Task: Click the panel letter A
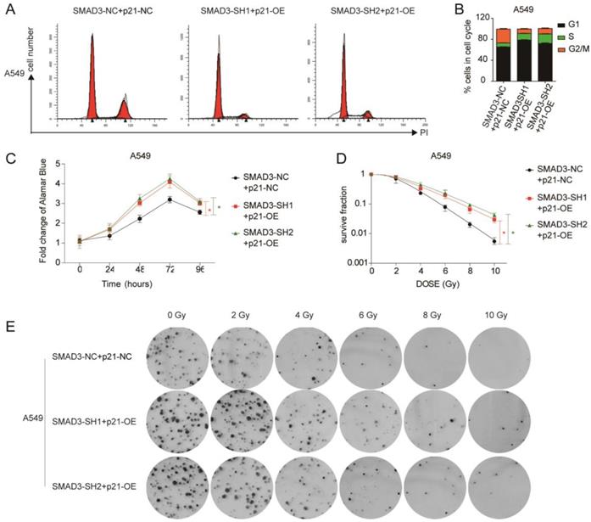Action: pyautogui.click(x=9, y=9)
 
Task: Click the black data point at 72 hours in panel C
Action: pyautogui.click(x=170, y=199)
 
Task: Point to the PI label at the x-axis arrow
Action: pyautogui.click(x=424, y=132)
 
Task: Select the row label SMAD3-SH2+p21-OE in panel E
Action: pyautogui.click(x=95, y=486)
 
